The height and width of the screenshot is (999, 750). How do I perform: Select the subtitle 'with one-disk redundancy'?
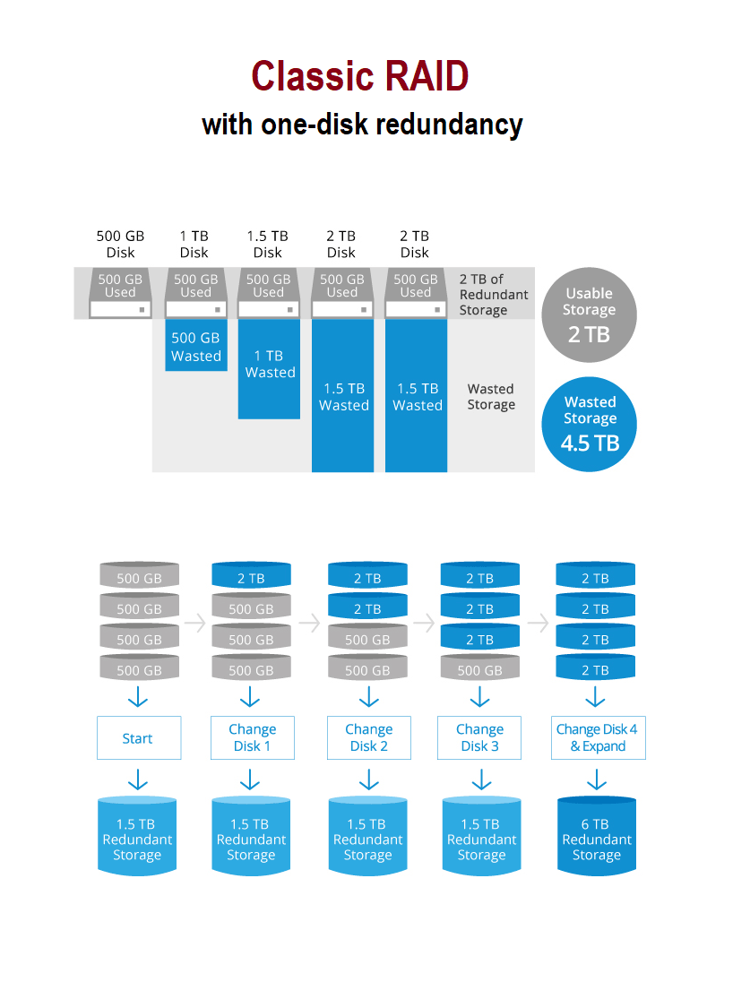pos(362,124)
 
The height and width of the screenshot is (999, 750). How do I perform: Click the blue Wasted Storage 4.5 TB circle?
pos(589,424)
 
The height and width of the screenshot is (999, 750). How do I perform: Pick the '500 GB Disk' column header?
pos(120,244)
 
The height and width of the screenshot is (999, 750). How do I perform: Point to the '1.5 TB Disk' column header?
pos(268,244)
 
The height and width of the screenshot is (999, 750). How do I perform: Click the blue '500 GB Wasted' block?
pos(195,346)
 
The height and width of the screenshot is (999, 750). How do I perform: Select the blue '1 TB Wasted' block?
pos(269,368)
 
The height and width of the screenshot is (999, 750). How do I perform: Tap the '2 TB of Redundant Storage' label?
pos(494,295)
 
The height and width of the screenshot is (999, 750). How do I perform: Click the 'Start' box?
pos(138,738)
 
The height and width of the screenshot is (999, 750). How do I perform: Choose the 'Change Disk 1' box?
pos(252,738)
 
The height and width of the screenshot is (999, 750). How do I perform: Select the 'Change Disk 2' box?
pos(368,738)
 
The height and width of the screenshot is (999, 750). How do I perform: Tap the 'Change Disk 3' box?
pos(479,738)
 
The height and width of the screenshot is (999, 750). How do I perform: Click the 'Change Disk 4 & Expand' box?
pos(598,738)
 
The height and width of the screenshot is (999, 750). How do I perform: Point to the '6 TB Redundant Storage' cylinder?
pos(597,835)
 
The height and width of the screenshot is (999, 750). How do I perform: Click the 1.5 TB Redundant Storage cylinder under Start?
pos(137,835)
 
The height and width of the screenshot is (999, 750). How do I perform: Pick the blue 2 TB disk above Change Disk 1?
pos(251,576)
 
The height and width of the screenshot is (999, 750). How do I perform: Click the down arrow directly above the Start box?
pos(138,698)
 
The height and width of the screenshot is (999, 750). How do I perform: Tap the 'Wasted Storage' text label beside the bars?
pos(491,397)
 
